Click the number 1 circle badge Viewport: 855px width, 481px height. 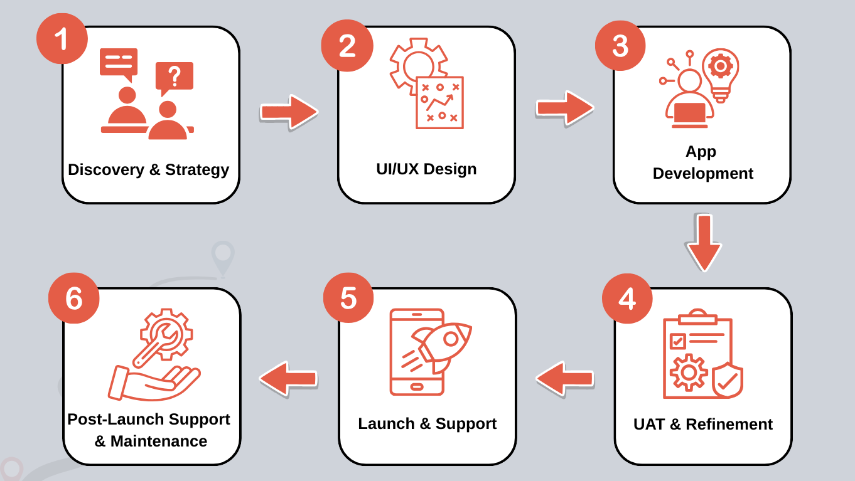[62, 38]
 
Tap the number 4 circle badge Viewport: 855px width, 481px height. [627, 299]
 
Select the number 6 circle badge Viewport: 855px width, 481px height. [73, 298]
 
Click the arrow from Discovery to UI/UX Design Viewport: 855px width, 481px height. [289, 112]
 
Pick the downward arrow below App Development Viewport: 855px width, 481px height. [704, 243]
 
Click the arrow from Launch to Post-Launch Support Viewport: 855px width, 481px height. [289, 378]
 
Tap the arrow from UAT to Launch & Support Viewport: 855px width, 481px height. [564, 378]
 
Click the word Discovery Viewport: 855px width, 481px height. [106, 170]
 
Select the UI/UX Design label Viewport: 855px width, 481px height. [426, 169]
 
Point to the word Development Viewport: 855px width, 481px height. [702, 174]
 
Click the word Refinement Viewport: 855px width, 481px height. [729, 424]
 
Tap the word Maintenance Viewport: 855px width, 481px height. [159, 441]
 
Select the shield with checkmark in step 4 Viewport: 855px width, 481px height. [728, 380]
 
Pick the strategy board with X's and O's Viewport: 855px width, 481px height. [439, 103]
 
